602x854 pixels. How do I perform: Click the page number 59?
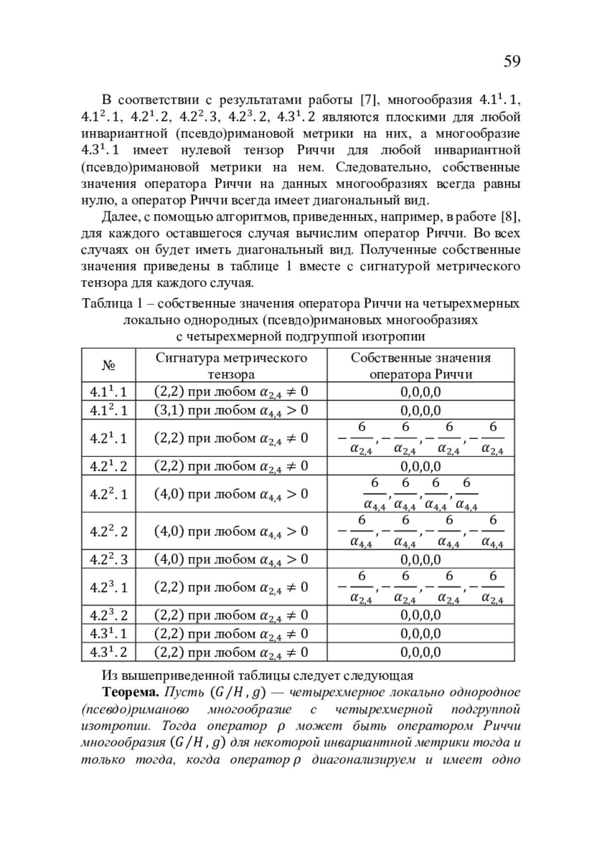coord(511,61)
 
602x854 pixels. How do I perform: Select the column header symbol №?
coord(108,365)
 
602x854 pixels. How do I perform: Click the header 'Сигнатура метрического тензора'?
coord(231,366)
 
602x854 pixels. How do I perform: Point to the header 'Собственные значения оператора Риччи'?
coord(420,366)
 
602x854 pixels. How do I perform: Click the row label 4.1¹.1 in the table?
coord(108,392)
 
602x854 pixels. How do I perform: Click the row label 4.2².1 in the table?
coord(108,494)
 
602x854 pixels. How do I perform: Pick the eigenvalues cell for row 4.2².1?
coord(420,494)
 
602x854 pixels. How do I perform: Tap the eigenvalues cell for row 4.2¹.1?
coord(420,438)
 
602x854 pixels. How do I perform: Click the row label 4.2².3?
coord(108,559)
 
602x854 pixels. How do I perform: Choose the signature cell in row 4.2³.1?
coord(231,587)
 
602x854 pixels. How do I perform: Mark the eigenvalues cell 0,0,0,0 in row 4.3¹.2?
coord(420,652)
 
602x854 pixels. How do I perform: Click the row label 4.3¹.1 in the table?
coord(108,633)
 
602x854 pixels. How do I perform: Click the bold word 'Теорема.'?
coord(130,693)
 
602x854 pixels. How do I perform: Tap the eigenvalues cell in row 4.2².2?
coord(420,531)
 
